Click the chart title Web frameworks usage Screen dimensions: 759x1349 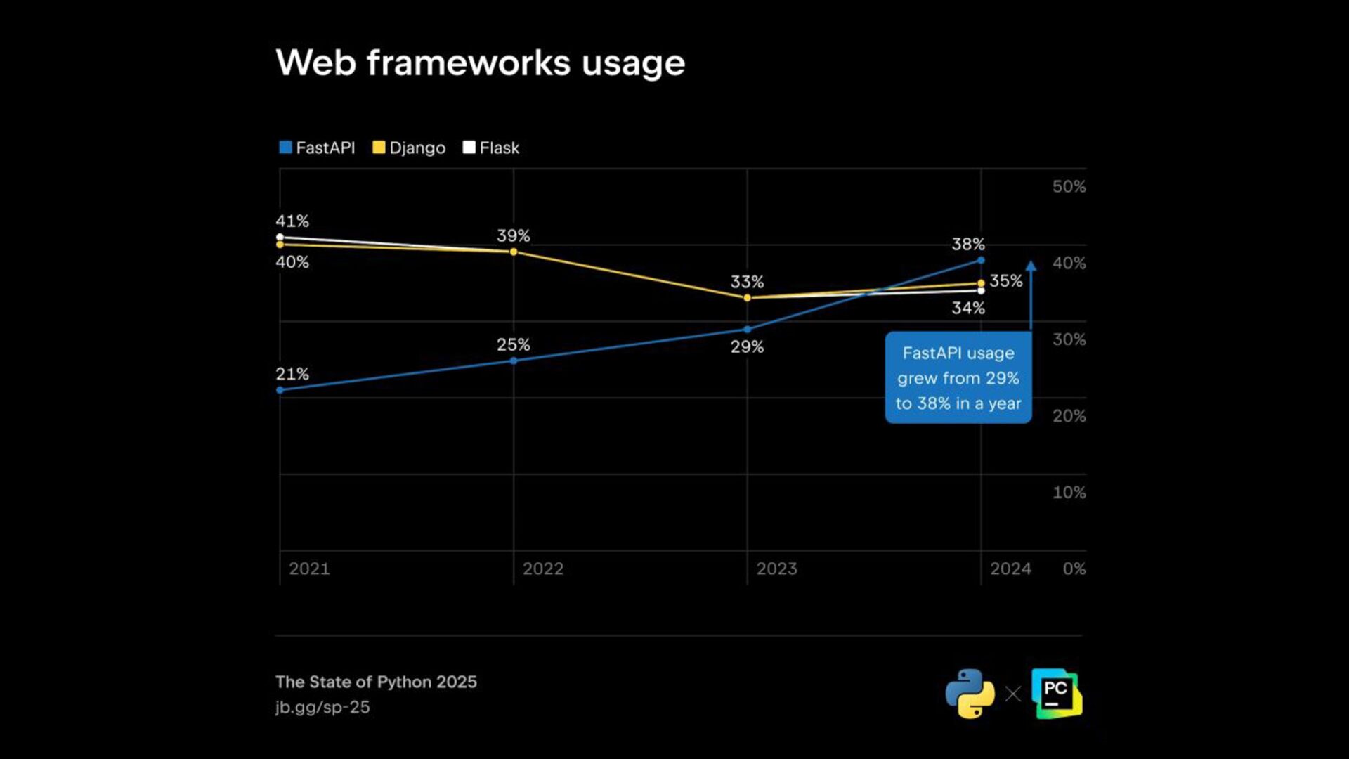click(x=480, y=63)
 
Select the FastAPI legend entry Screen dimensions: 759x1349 click(x=317, y=148)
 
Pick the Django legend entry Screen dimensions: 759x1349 click(x=409, y=148)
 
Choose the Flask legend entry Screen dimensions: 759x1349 click(x=491, y=148)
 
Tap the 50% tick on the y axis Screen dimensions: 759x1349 click(x=1069, y=187)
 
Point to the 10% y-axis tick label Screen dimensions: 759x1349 click(x=1069, y=493)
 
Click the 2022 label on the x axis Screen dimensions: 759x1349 click(x=543, y=569)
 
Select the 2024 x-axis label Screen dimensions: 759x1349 click(x=1010, y=569)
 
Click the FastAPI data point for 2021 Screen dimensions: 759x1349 click(x=280, y=390)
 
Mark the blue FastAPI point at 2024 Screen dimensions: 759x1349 click(x=981, y=261)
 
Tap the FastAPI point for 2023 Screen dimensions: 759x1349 click(x=747, y=329)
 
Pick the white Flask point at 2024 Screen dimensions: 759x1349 click(x=981, y=291)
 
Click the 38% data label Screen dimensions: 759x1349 click(x=967, y=245)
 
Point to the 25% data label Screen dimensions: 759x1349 click(x=513, y=345)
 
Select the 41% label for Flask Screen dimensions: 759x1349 click(x=292, y=221)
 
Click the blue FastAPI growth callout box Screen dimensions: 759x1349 click(x=958, y=378)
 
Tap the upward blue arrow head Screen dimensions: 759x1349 click(x=1031, y=266)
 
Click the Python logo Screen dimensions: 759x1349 click(x=970, y=694)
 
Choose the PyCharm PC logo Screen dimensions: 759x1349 click(x=1056, y=694)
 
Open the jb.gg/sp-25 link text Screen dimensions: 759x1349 click(x=322, y=707)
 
